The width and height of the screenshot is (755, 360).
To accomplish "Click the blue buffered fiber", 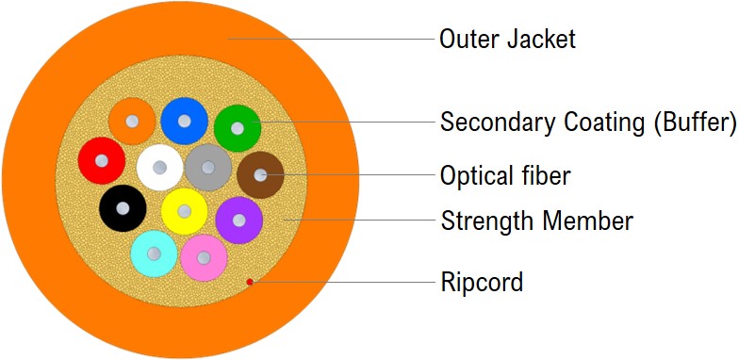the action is pyautogui.click(x=184, y=121).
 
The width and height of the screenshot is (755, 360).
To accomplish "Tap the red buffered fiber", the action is pyautogui.click(x=101, y=160).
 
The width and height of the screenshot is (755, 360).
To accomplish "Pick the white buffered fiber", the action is pyautogui.click(x=160, y=168).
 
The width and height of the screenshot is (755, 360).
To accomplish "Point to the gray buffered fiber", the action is pyautogui.click(x=208, y=168).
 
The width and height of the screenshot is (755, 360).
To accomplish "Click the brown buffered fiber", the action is pyautogui.click(x=260, y=175).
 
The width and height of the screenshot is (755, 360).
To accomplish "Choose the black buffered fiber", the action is pyautogui.click(x=123, y=207).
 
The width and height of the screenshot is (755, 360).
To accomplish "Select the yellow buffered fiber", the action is pyautogui.click(x=185, y=211).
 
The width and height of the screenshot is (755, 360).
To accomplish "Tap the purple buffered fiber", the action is pyautogui.click(x=238, y=220).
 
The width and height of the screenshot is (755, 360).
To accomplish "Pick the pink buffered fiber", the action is pyautogui.click(x=204, y=256).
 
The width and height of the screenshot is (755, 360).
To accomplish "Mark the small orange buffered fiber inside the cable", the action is pyautogui.click(x=132, y=121).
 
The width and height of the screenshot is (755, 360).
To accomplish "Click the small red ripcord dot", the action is pyautogui.click(x=249, y=281).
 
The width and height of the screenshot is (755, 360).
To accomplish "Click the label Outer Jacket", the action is pyautogui.click(x=507, y=40).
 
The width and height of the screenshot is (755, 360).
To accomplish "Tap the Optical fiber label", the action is pyautogui.click(x=505, y=175).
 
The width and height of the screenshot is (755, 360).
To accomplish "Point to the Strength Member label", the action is pyautogui.click(x=536, y=221).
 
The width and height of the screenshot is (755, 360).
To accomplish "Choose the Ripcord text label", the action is pyautogui.click(x=481, y=282).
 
